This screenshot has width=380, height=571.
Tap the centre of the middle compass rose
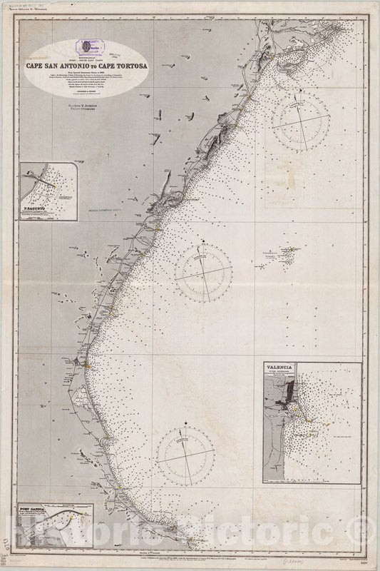203,273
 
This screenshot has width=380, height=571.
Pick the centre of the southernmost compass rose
185,455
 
